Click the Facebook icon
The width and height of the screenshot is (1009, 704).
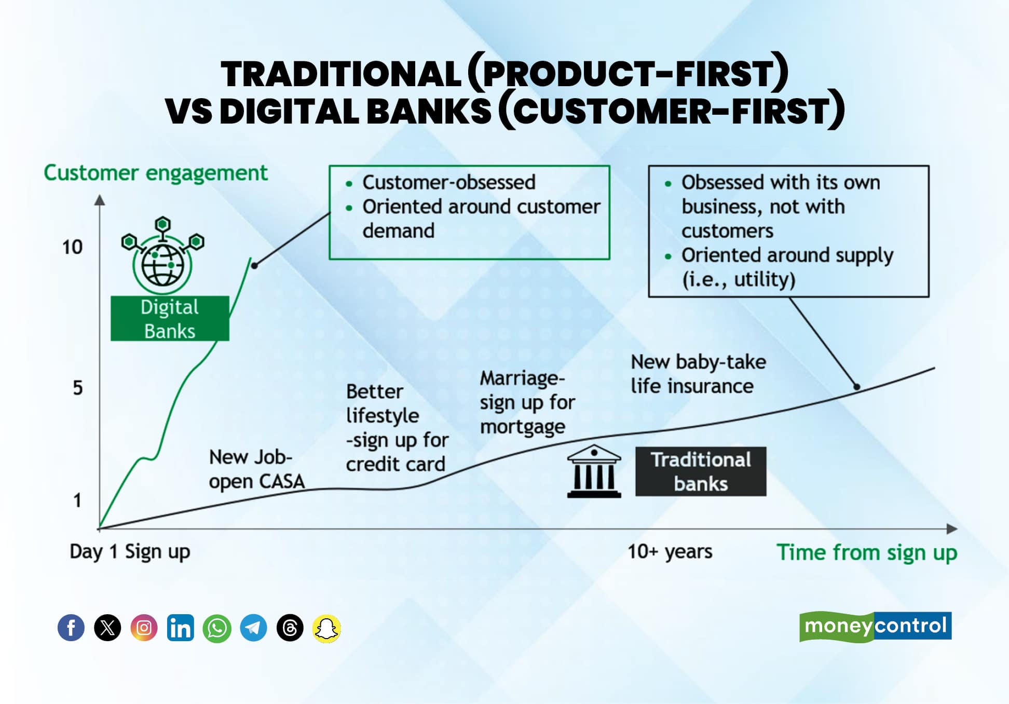pyautogui.click(x=71, y=628)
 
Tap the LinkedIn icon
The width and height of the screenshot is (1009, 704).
pyautogui.click(x=180, y=628)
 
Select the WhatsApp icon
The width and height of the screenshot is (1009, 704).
pyautogui.click(x=217, y=628)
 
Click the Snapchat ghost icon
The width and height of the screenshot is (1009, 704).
pyautogui.click(x=326, y=628)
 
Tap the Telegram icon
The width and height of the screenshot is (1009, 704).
pyautogui.click(x=253, y=628)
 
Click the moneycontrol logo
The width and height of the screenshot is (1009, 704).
pyautogui.click(x=875, y=626)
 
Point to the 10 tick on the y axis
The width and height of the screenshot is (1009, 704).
pyautogui.click(x=73, y=247)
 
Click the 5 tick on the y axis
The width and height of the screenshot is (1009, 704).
pyautogui.click(x=77, y=388)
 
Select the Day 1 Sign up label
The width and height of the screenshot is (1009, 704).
pyautogui.click(x=130, y=551)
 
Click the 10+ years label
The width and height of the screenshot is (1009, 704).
pyautogui.click(x=670, y=551)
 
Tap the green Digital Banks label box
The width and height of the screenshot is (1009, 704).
pyautogui.click(x=170, y=318)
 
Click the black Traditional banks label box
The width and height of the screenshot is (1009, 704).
pyautogui.click(x=701, y=471)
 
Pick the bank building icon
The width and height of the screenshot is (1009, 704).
pyautogui.click(x=594, y=471)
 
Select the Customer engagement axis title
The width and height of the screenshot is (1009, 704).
pyautogui.click(x=156, y=173)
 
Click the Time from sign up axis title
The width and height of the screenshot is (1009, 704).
pyautogui.click(x=866, y=552)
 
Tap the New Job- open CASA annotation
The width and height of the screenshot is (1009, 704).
pyautogui.click(x=256, y=469)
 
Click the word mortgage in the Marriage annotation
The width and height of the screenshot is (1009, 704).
pyautogui.click(x=522, y=427)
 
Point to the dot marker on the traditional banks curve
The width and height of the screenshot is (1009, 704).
pyautogui.click(x=857, y=387)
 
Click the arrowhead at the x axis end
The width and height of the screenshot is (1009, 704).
pyautogui.click(x=952, y=529)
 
